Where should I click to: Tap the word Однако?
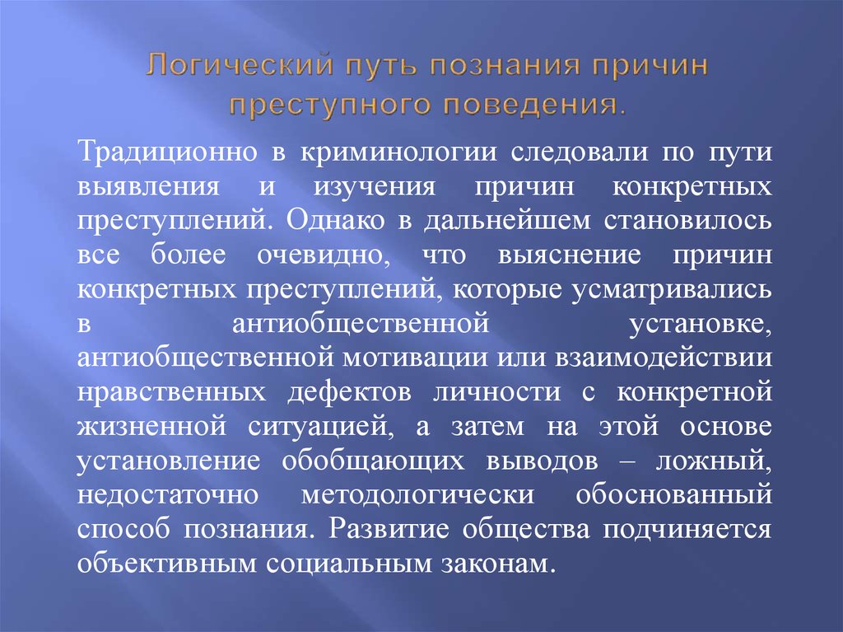coord(315,221)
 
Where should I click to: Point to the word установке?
coord(712,324)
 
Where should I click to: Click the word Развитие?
coord(380,530)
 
